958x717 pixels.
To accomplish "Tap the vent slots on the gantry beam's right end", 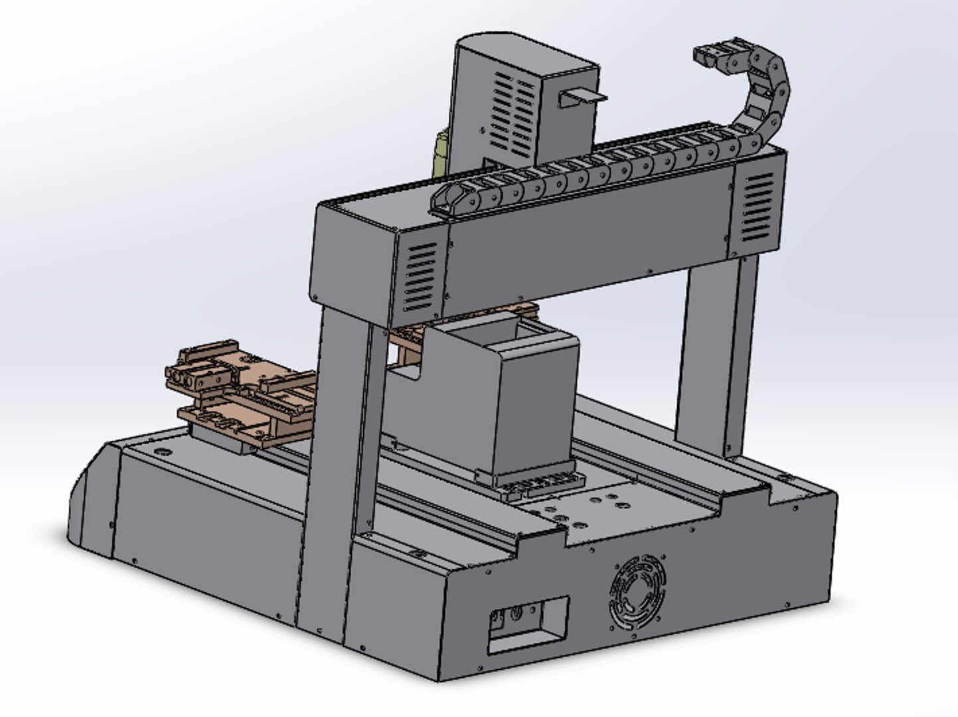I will (x=758, y=207).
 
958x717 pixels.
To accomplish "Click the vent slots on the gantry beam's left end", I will (x=420, y=277).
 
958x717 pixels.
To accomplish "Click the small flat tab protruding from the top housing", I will (x=583, y=98).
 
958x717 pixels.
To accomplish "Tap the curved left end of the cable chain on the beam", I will (x=447, y=197).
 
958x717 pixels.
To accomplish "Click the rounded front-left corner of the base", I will (x=90, y=498).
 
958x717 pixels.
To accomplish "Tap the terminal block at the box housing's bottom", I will (x=538, y=488).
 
